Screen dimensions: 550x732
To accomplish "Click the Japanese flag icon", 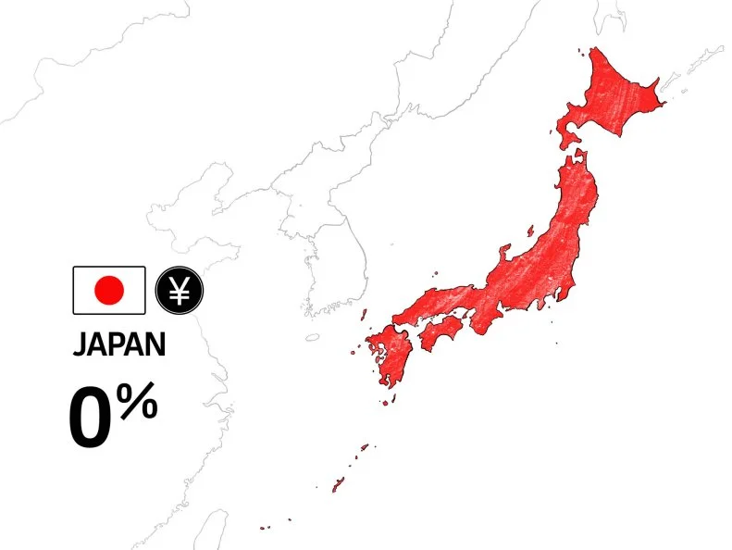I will [x=109, y=290].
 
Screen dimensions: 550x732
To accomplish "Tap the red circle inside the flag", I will [x=109, y=290].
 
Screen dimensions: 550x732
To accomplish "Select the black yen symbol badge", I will [x=180, y=290].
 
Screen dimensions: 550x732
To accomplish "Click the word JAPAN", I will [x=119, y=344].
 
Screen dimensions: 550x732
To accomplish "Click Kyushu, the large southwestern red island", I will [x=390, y=356].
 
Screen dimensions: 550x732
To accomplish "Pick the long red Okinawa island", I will [x=339, y=483].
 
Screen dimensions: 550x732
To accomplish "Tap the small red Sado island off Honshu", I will [x=530, y=229].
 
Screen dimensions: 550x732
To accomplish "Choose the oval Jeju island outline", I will [x=312, y=338].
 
